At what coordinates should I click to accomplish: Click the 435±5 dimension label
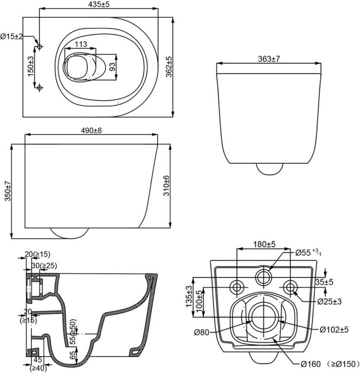click(98, 4)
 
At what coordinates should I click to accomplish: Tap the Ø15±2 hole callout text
click(11, 36)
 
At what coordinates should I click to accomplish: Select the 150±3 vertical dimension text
click(31, 66)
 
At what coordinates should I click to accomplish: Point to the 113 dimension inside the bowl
click(81, 44)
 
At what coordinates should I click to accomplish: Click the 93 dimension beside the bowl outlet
click(112, 67)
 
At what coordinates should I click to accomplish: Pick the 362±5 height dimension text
click(169, 67)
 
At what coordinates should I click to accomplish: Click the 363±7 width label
click(269, 59)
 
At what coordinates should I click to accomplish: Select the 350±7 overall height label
click(8, 191)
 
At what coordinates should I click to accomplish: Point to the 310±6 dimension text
click(166, 186)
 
